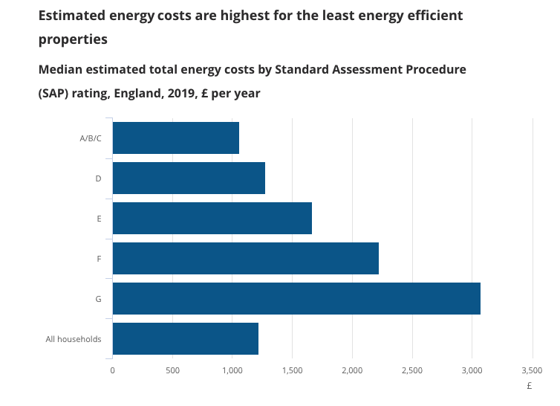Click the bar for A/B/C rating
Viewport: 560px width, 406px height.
175,138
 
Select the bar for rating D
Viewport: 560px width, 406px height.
189,178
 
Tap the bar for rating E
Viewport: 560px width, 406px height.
212,219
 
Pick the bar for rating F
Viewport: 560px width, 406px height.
245,259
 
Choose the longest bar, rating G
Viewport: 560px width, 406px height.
296,299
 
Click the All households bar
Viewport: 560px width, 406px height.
185,339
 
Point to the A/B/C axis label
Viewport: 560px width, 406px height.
90,138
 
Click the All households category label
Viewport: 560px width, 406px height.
74,340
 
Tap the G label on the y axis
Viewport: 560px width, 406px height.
98,300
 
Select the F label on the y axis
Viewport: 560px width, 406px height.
98,260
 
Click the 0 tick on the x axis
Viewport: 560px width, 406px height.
112,370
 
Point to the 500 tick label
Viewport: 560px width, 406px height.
172,370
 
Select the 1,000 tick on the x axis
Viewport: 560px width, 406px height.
232,370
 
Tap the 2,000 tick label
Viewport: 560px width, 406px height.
352,370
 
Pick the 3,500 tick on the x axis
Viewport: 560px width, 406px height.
532,370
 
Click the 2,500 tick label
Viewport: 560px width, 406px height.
411,370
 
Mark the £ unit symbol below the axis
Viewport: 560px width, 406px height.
530,387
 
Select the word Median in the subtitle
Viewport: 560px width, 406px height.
62,70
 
